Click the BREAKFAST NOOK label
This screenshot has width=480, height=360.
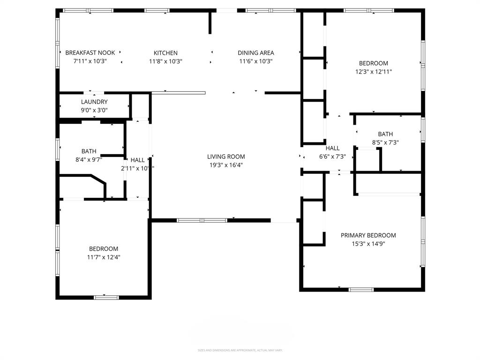pos(90,53)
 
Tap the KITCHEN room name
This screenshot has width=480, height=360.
pos(165,53)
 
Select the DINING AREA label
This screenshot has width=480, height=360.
pos(255,53)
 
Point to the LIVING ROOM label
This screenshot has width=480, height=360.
pos(226,157)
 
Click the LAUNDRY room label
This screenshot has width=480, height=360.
pos(94,102)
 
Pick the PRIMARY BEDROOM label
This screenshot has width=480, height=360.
pos(368,235)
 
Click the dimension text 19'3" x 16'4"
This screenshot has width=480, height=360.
pos(226,165)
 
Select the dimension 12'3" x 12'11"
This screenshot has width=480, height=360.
pos(373,72)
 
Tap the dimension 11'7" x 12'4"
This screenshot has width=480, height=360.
pos(104,257)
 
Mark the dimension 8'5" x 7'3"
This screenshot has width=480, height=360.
pos(385,142)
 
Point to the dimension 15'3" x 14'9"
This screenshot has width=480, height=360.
pos(368,244)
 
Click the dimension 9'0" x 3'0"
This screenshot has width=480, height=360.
pos(94,110)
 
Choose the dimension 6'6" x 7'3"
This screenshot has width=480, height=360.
pos(332,157)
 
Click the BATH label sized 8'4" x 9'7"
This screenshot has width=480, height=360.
pos(89,151)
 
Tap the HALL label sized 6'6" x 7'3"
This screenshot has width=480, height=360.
pos(332,148)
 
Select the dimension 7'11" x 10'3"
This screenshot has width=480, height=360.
pos(90,61)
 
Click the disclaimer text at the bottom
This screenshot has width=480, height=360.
pos(240,350)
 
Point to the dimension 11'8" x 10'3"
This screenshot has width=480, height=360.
pos(165,61)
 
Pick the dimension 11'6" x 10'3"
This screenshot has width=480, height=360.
pos(255,61)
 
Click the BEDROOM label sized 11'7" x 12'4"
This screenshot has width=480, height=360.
pos(104,248)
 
